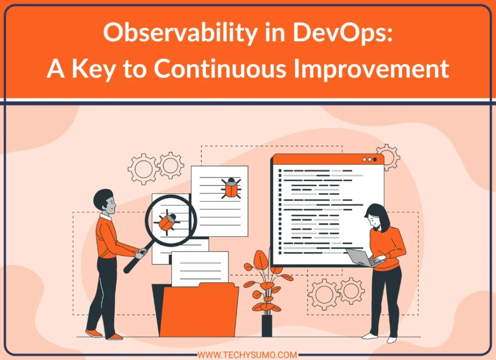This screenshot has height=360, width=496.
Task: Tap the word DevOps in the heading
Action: [x=342, y=32]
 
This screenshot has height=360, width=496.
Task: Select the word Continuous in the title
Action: [x=220, y=68]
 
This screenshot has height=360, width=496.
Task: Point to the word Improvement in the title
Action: [x=372, y=69]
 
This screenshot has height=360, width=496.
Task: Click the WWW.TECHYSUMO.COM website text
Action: [x=248, y=355]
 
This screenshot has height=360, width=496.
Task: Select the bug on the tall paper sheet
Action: [x=231, y=188]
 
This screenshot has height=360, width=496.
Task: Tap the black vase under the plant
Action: [x=267, y=326]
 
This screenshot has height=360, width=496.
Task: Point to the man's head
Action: [x=105, y=202]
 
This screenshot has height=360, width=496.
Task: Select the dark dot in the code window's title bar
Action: [x=375, y=159]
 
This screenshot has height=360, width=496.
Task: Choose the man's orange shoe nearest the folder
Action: [x=115, y=337]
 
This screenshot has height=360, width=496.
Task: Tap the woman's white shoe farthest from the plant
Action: [x=391, y=340]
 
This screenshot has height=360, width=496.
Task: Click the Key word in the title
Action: [x=93, y=69]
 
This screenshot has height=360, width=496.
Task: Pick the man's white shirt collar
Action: [x=106, y=217]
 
